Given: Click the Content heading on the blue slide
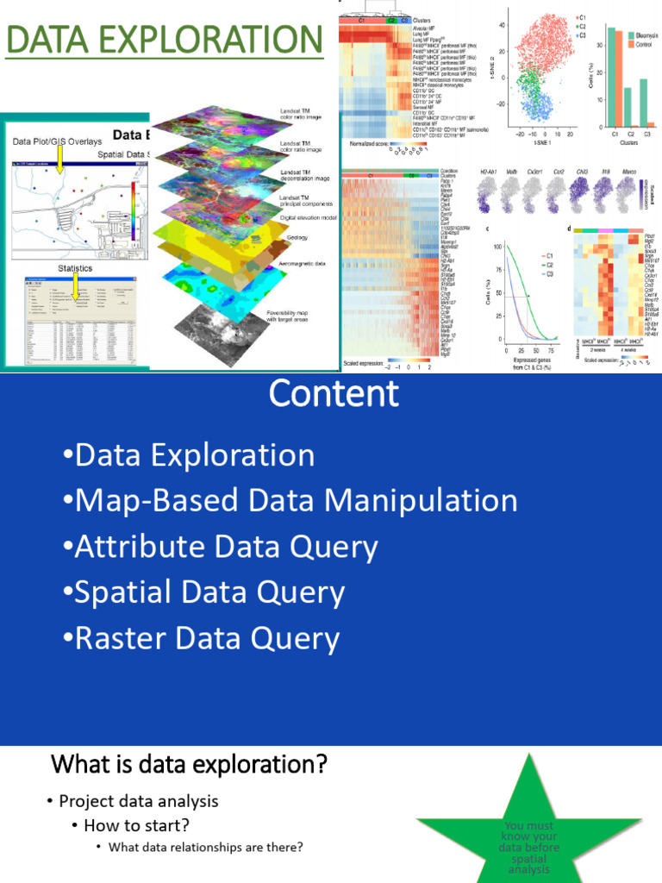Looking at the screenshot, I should (x=334, y=394).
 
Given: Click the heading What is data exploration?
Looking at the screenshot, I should (x=189, y=764).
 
